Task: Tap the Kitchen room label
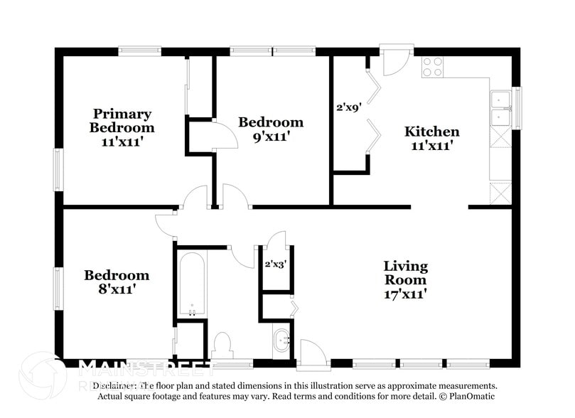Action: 431,132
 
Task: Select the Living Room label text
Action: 405,273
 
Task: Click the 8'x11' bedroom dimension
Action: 117,289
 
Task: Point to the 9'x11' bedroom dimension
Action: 270,136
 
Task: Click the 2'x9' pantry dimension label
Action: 350,108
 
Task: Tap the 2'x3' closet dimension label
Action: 276,264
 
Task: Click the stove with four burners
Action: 432,67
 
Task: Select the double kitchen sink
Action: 501,108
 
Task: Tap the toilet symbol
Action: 223,345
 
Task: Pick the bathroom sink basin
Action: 282,341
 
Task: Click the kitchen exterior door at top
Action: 395,61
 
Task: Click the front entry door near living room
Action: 312,354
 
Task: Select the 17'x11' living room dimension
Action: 405,293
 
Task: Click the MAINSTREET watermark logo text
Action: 146,367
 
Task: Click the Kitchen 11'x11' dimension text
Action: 431,145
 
